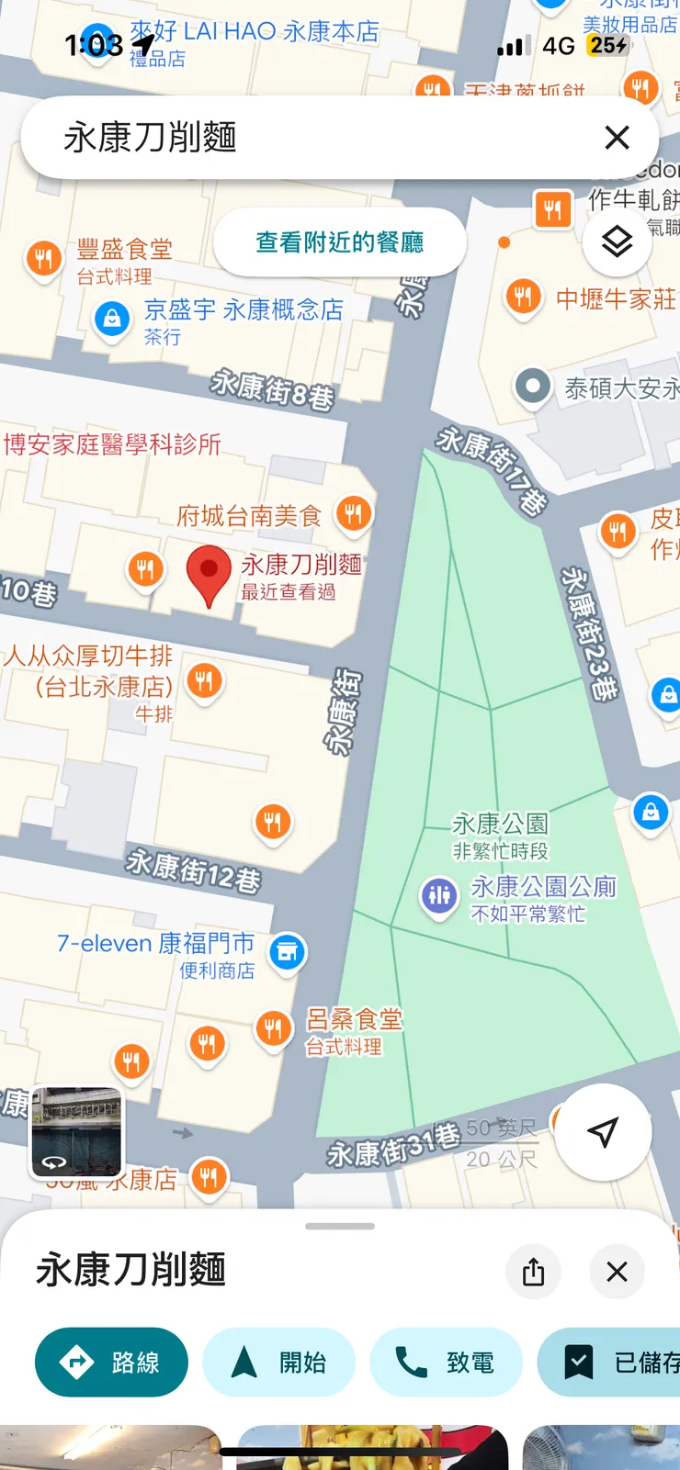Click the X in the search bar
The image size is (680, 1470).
point(617,138)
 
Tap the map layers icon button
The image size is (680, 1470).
point(617,241)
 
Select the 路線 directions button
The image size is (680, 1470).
point(111,1363)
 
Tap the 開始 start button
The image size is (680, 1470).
point(278,1363)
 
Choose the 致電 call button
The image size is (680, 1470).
point(446,1363)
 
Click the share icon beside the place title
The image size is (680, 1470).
point(533,1272)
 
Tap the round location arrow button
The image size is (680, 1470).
point(603,1132)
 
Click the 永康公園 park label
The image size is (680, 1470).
point(500,824)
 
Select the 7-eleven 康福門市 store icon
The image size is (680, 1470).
point(288,952)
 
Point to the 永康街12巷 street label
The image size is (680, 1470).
point(194,870)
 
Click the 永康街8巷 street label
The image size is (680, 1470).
point(272,388)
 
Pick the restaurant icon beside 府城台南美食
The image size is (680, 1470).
point(354,513)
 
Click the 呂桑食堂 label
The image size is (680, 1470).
point(354,1019)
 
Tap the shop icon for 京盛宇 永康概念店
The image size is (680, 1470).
point(112,320)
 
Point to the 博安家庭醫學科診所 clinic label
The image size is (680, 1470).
point(112,444)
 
